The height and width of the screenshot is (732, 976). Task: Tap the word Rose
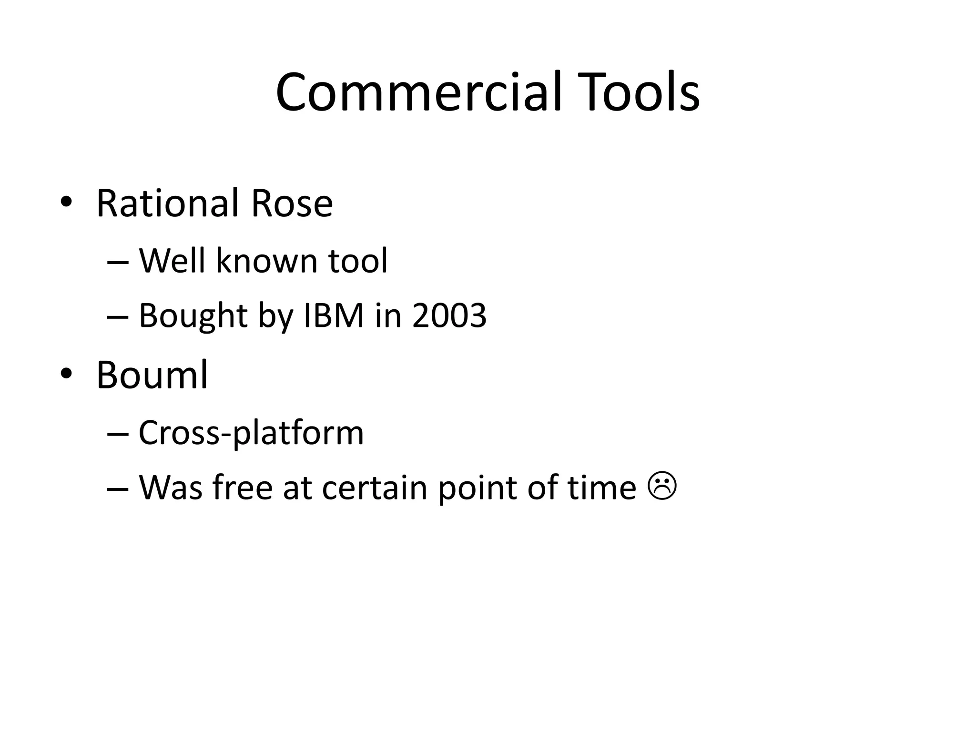point(292,203)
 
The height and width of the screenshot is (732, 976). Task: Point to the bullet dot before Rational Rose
point(66,202)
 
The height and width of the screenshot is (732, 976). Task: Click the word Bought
point(193,315)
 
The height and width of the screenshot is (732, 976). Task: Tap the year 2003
point(449,315)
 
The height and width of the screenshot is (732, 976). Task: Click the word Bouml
point(152,375)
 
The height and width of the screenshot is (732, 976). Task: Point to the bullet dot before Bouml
point(66,374)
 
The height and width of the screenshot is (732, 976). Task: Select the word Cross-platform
point(251,433)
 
